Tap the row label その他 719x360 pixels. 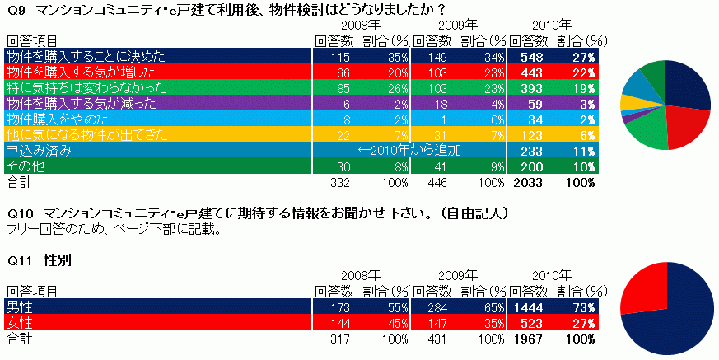[x=25, y=166]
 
